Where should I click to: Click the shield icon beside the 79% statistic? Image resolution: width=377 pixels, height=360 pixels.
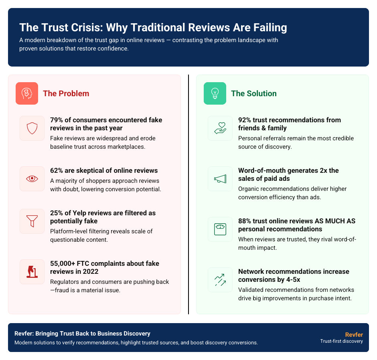pyautogui.click(x=32, y=128)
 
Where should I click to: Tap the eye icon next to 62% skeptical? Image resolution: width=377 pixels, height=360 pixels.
pyautogui.click(x=32, y=179)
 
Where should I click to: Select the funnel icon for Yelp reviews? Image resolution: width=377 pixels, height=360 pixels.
pyautogui.click(x=32, y=221)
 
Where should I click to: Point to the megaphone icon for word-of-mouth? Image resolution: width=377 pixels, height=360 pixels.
pyautogui.click(x=220, y=179)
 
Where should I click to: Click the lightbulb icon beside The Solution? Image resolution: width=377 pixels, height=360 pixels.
pyautogui.click(x=215, y=93)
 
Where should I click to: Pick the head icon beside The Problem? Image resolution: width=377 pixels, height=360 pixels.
pyautogui.click(x=27, y=93)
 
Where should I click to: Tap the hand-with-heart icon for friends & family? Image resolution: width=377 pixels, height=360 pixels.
pyautogui.click(x=220, y=128)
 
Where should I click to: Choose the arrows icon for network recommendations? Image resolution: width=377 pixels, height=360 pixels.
pyautogui.click(x=220, y=280)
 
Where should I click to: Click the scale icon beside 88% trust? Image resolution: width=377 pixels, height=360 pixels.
pyautogui.click(x=220, y=229)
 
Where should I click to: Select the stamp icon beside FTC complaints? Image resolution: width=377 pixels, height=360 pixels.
pyautogui.click(x=32, y=272)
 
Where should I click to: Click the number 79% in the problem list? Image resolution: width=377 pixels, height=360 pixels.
pyautogui.click(x=57, y=120)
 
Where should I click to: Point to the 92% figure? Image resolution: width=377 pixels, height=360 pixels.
pyautogui.click(x=245, y=120)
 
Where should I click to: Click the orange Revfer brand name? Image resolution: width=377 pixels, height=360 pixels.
pyautogui.click(x=354, y=334)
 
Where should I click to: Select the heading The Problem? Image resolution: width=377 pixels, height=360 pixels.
pyautogui.click(x=66, y=93)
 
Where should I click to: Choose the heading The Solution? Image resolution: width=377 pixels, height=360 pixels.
pyautogui.click(x=254, y=93)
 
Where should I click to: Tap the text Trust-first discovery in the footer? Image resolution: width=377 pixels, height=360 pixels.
pyautogui.click(x=341, y=341)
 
